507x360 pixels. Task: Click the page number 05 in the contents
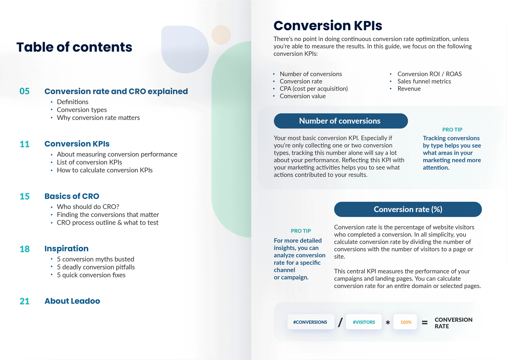pyautogui.click(x=25, y=91)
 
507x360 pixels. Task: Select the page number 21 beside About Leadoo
pyautogui.click(x=25, y=301)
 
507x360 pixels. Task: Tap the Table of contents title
pyautogui.click(x=74, y=47)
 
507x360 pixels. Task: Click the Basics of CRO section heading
pyautogui.click(x=72, y=196)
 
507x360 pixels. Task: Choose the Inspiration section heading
pyautogui.click(x=66, y=249)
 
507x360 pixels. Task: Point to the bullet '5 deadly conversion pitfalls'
pyautogui.click(x=95, y=267)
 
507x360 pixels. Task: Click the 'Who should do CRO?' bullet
pyautogui.click(x=88, y=207)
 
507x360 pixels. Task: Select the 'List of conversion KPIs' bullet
pyautogui.click(x=89, y=162)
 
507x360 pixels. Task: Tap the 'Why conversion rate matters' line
pyautogui.click(x=98, y=118)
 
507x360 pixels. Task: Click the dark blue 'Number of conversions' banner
pyautogui.click(x=341, y=121)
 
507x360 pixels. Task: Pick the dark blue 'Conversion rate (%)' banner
pyautogui.click(x=408, y=209)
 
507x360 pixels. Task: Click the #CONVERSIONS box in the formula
pyautogui.click(x=310, y=322)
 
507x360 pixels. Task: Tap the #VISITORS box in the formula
pyautogui.click(x=364, y=322)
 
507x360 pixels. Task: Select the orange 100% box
pyautogui.click(x=406, y=322)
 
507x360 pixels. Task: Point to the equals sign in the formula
pyautogui.click(x=425, y=323)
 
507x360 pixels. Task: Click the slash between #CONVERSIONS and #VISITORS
pyautogui.click(x=340, y=322)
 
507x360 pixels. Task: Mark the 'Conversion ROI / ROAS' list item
pyautogui.click(x=429, y=74)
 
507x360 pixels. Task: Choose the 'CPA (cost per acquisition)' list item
pyautogui.click(x=313, y=89)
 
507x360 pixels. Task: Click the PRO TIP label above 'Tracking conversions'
pyautogui.click(x=452, y=130)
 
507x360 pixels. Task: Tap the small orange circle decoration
pyautogui.click(x=221, y=35)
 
